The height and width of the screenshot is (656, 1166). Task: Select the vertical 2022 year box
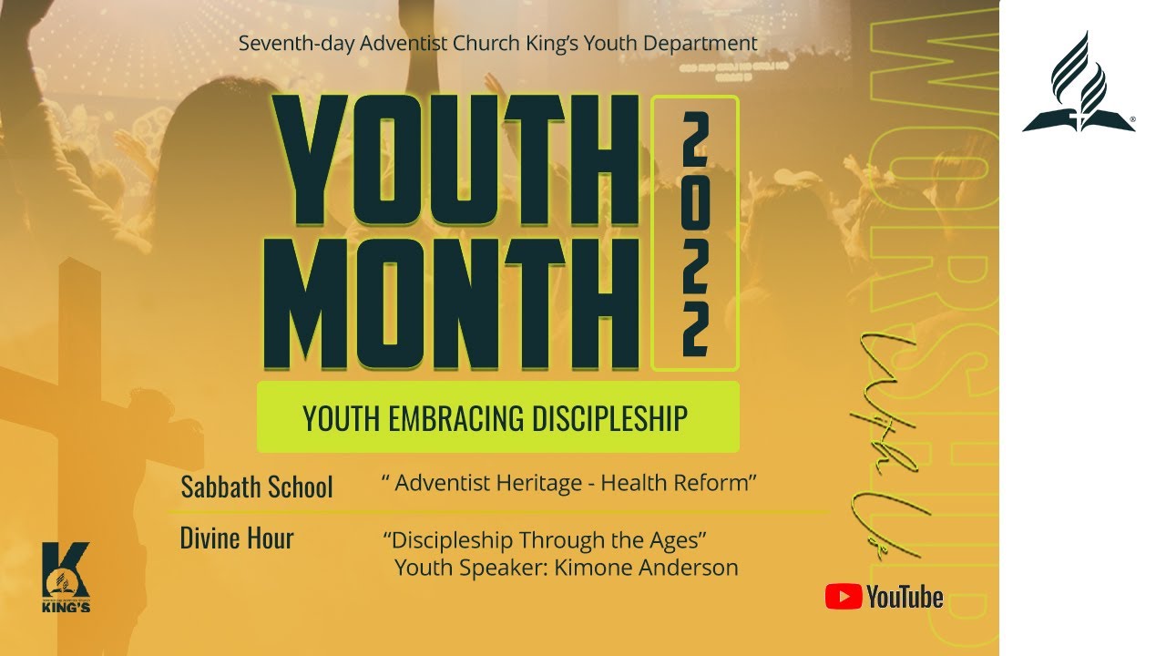tap(695, 233)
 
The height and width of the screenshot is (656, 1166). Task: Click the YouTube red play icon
tap(844, 597)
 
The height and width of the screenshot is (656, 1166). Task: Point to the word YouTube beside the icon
tap(905, 598)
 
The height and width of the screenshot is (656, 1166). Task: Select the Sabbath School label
tap(257, 487)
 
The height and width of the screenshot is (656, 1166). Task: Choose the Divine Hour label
tap(237, 538)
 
